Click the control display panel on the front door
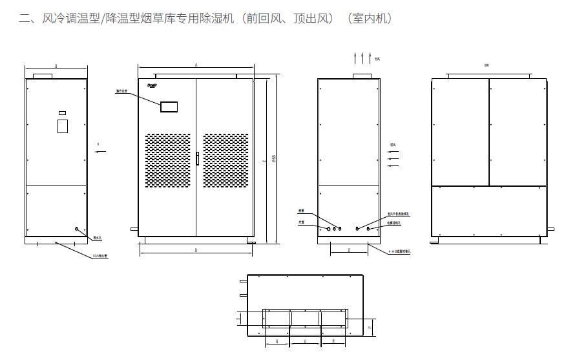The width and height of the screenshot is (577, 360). pos(169,107)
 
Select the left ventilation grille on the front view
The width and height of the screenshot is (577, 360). pos(167,162)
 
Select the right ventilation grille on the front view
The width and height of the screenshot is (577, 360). pos(226,162)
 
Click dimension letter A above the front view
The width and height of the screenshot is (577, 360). pos(196,65)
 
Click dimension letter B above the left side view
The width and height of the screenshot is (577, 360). pos(56,66)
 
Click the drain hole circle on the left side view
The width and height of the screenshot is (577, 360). pos(76,228)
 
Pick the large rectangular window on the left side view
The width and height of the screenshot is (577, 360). pos(63,125)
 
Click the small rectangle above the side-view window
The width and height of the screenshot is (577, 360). pos(62,113)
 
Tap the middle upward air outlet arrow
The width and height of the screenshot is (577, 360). pos(362,58)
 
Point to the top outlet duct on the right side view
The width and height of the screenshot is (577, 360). pos(362,76)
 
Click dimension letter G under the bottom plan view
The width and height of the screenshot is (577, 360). pos(305,341)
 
